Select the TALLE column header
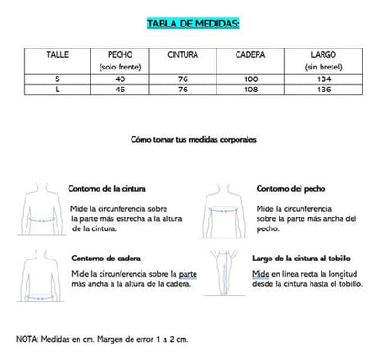[58, 55]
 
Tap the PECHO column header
[120, 55]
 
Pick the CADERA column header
[250, 55]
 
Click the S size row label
[58, 79]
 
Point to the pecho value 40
[120, 79]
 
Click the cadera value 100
[250, 79]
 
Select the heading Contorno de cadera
[103, 261]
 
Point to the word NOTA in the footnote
[26, 339]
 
